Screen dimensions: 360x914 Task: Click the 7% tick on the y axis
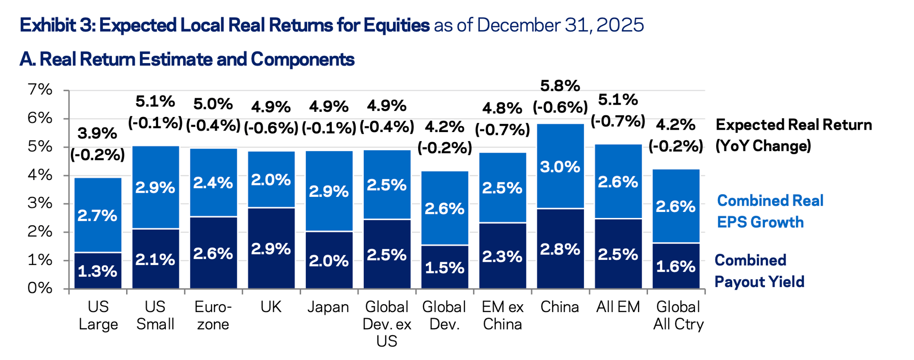coord(40,90)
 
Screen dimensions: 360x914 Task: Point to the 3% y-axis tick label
coord(40,203)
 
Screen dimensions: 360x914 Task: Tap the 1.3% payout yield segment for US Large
coord(97,271)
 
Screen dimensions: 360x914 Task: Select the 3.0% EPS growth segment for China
coord(560,167)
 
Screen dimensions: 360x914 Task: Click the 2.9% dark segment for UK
coord(271,249)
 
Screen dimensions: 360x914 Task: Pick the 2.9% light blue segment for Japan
coord(329,191)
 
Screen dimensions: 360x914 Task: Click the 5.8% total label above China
coord(560,86)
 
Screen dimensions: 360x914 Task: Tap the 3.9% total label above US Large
coord(97,133)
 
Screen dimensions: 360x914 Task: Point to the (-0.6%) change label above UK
coord(271,128)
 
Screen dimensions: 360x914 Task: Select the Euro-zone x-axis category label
coord(213,315)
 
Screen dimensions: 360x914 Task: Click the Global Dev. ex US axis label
coord(387,323)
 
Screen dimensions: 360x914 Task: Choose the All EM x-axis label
coord(618,307)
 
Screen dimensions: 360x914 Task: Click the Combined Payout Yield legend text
coord(759,271)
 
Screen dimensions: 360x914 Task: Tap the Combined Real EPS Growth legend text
coord(770,211)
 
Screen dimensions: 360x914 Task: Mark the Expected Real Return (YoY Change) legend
coord(793,135)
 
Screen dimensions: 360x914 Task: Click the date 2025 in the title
coord(620,25)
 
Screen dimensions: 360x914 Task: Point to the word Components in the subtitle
coord(303,59)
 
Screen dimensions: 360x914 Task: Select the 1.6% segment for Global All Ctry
coord(675,266)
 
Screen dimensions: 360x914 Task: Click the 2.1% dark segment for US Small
coord(155,259)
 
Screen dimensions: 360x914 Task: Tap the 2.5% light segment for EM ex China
coord(502,188)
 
